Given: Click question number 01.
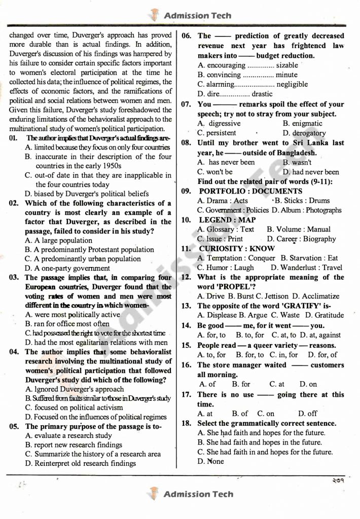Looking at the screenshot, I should click(13, 138).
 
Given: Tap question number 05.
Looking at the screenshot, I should click(14, 426).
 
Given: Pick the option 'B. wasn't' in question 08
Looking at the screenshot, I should click(297, 162).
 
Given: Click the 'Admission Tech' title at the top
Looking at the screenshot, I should click(198, 15).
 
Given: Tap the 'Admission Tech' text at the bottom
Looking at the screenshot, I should click(198, 494).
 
